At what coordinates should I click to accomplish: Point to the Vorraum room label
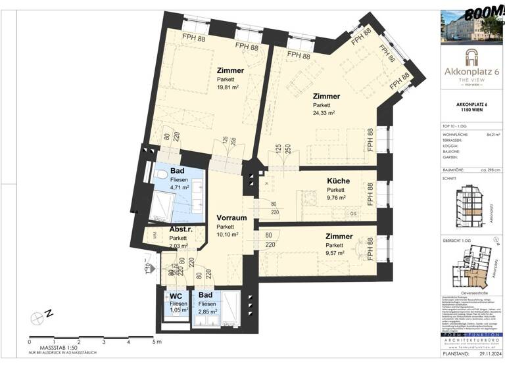point(231,218)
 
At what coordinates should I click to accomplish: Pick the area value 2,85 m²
point(209,313)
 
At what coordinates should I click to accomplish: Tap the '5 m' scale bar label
point(156,342)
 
